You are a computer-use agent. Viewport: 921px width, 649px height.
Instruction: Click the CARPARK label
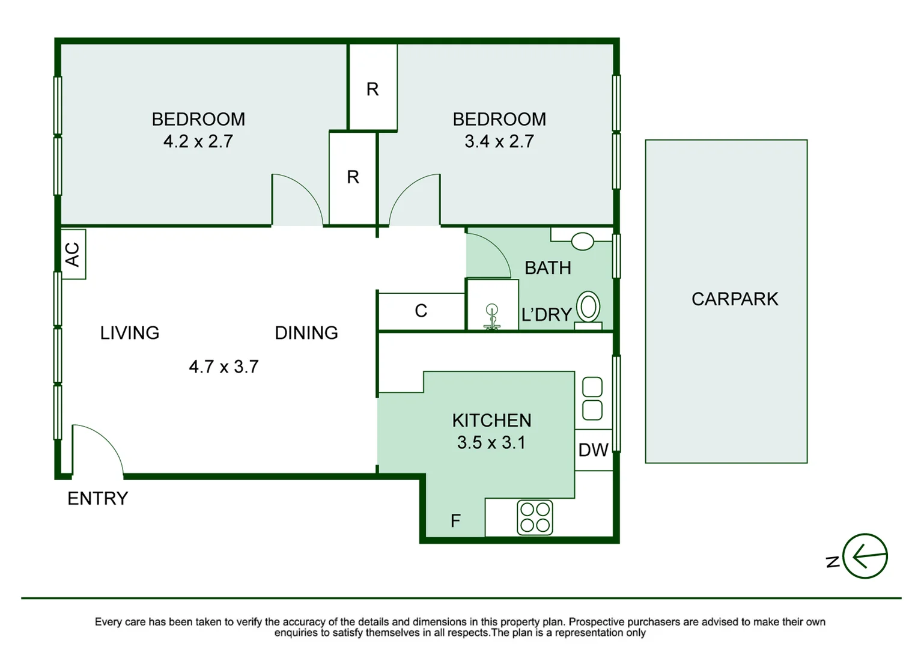coord(734,299)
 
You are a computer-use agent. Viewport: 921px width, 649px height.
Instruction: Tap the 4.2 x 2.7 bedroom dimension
coord(198,141)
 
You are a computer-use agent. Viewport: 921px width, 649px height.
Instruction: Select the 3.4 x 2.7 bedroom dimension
coord(499,141)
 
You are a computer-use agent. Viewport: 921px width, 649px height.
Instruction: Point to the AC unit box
coord(73,254)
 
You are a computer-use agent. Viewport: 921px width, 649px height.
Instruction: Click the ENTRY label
coord(97,498)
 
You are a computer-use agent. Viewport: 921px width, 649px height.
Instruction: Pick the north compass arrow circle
coord(865,556)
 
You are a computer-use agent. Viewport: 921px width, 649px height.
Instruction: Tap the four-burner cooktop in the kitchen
coord(535,517)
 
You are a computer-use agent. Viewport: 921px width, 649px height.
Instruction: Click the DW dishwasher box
coord(594,450)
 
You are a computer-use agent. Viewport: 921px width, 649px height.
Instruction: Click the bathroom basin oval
coord(582,242)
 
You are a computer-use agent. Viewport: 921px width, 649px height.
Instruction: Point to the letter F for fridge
coord(455,520)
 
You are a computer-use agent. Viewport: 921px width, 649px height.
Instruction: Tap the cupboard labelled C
coord(421,311)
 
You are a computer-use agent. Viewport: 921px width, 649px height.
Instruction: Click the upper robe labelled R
coord(372,89)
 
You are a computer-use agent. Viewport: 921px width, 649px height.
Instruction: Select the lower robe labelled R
coord(353,177)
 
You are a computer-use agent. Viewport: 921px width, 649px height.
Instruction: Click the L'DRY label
coord(546,314)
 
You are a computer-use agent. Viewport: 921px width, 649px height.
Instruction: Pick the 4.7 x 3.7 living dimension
coord(223,367)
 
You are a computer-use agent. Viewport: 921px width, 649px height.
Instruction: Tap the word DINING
coord(306,332)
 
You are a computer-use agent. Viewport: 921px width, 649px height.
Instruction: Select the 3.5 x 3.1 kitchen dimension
coord(491,442)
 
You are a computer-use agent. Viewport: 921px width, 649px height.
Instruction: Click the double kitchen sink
coord(592,398)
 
